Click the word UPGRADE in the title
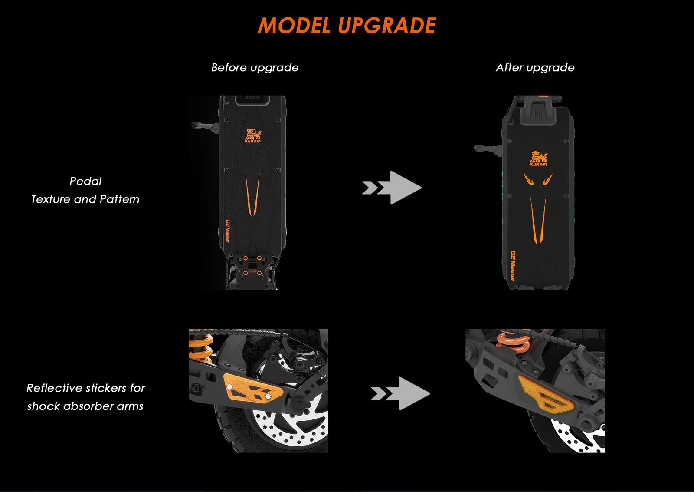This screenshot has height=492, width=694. (x=387, y=26)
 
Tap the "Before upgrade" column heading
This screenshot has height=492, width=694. (x=255, y=68)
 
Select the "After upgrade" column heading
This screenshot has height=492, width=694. (x=535, y=68)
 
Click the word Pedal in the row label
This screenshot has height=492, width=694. (x=85, y=181)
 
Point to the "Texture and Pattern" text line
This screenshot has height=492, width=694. (x=85, y=199)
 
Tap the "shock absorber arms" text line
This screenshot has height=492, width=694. (x=85, y=406)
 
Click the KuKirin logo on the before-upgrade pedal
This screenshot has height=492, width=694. (x=252, y=135)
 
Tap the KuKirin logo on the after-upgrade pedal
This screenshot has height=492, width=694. (x=538, y=158)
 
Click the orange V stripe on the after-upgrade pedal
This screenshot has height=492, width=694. (x=538, y=219)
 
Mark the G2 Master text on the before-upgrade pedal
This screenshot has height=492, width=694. (x=227, y=231)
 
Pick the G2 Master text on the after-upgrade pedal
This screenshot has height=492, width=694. (x=513, y=266)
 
